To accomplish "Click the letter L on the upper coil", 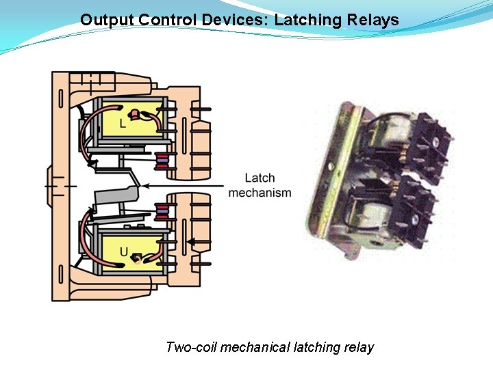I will pyautogui.click(x=123, y=124).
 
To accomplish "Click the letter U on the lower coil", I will pyautogui.click(x=124, y=251).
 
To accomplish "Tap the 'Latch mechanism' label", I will pyautogui.click(x=260, y=186).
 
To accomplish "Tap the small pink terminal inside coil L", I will pyautogui.click(x=136, y=113).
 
